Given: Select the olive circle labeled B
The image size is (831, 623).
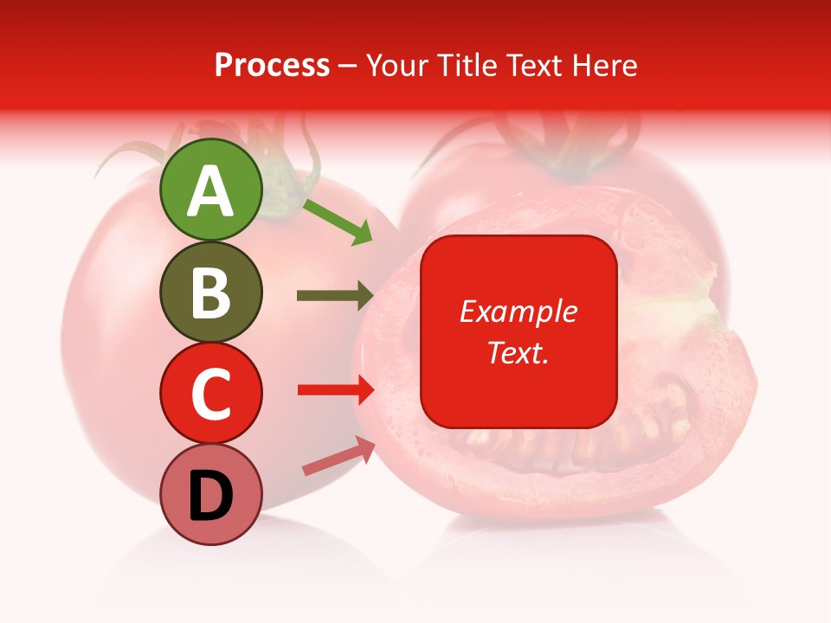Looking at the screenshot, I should (210, 292).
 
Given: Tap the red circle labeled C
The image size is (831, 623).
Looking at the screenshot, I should (210, 393).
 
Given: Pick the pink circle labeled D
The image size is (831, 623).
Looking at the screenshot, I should (210, 494).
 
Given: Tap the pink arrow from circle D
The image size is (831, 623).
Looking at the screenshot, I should (338, 456).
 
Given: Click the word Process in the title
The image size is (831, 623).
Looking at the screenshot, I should (272, 66).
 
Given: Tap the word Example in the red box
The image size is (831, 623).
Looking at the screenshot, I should (519, 311).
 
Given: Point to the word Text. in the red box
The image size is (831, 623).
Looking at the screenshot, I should (519, 352).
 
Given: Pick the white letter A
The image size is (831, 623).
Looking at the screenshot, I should (210, 191).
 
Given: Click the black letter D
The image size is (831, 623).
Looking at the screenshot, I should (210, 496).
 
